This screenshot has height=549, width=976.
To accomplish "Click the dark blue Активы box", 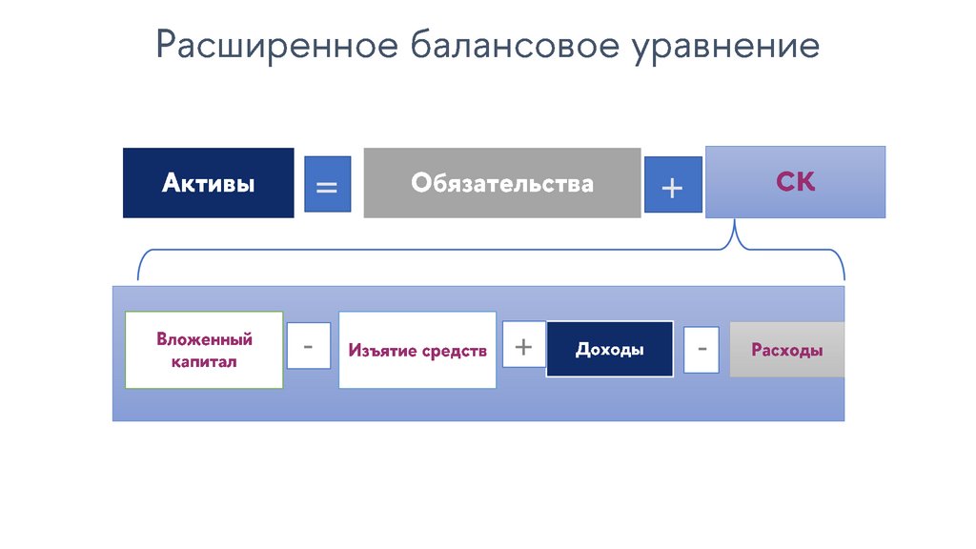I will [x=208, y=183].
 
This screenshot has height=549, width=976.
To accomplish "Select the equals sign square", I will [x=327, y=184].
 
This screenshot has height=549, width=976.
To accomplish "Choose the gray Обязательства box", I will [x=501, y=183].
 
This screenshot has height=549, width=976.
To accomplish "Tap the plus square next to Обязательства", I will [x=672, y=184].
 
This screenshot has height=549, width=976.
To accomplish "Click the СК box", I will [x=795, y=182].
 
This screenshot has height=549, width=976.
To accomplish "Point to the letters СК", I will [x=795, y=182].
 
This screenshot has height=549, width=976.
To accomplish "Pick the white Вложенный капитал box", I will [x=204, y=350].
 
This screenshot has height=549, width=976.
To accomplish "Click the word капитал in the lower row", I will [x=204, y=362].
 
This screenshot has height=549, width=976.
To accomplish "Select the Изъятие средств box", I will [x=417, y=350].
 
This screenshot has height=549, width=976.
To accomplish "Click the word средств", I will [x=455, y=351].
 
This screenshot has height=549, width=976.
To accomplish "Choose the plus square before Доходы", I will [x=523, y=345].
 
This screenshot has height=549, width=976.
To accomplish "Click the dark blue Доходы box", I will [x=609, y=350].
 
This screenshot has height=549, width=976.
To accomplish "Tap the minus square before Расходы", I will [x=701, y=349].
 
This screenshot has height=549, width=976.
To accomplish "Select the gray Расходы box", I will [x=786, y=350].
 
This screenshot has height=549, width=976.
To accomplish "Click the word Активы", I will [x=208, y=183].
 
